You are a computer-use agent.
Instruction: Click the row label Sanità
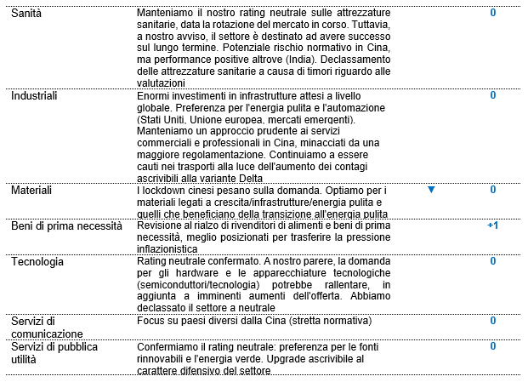click(26, 14)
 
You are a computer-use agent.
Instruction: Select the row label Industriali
click(34, 95)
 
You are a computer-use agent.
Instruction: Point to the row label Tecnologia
click(37, 262)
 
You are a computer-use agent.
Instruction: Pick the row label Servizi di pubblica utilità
click(54, 353)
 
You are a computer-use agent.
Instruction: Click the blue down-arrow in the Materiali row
click(431, 190)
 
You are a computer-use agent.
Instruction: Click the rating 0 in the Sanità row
click(492, 14)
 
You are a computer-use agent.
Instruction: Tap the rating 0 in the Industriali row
click(492, 95)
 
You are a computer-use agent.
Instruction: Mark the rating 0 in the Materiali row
click(492, 190)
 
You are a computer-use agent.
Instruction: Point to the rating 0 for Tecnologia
click(492, 262)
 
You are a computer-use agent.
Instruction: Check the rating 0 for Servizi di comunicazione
click(492, 321)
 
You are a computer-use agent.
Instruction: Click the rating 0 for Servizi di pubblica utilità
click(492, 346)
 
